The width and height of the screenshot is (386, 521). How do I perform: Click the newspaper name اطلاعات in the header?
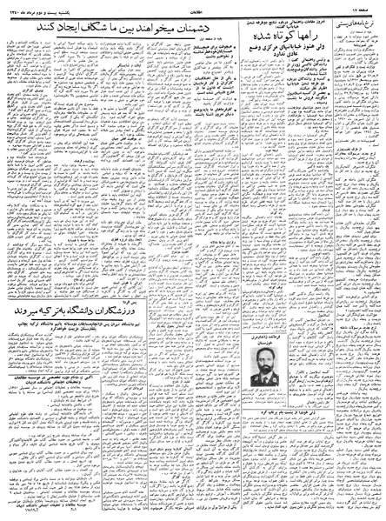point(193,7)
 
